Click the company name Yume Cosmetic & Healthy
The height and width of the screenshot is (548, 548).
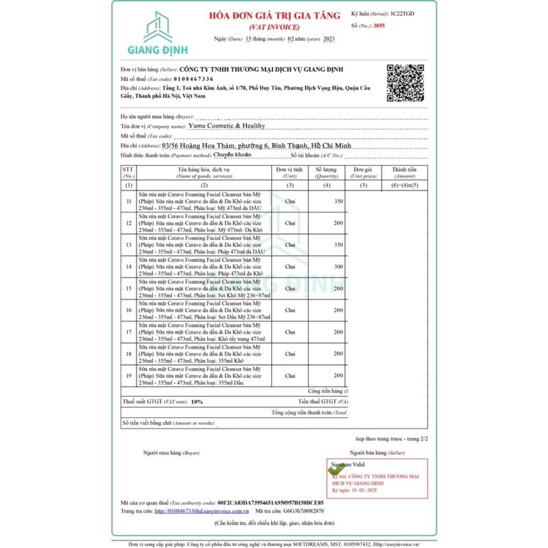(x=227, y=126)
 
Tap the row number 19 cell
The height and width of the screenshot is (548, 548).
(x=129, y=375)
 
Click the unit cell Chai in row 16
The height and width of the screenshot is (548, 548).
(x=290, y=310)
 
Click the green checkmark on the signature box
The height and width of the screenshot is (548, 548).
(x=333, y=467)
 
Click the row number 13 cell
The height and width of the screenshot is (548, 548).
(x=129, y=245)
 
